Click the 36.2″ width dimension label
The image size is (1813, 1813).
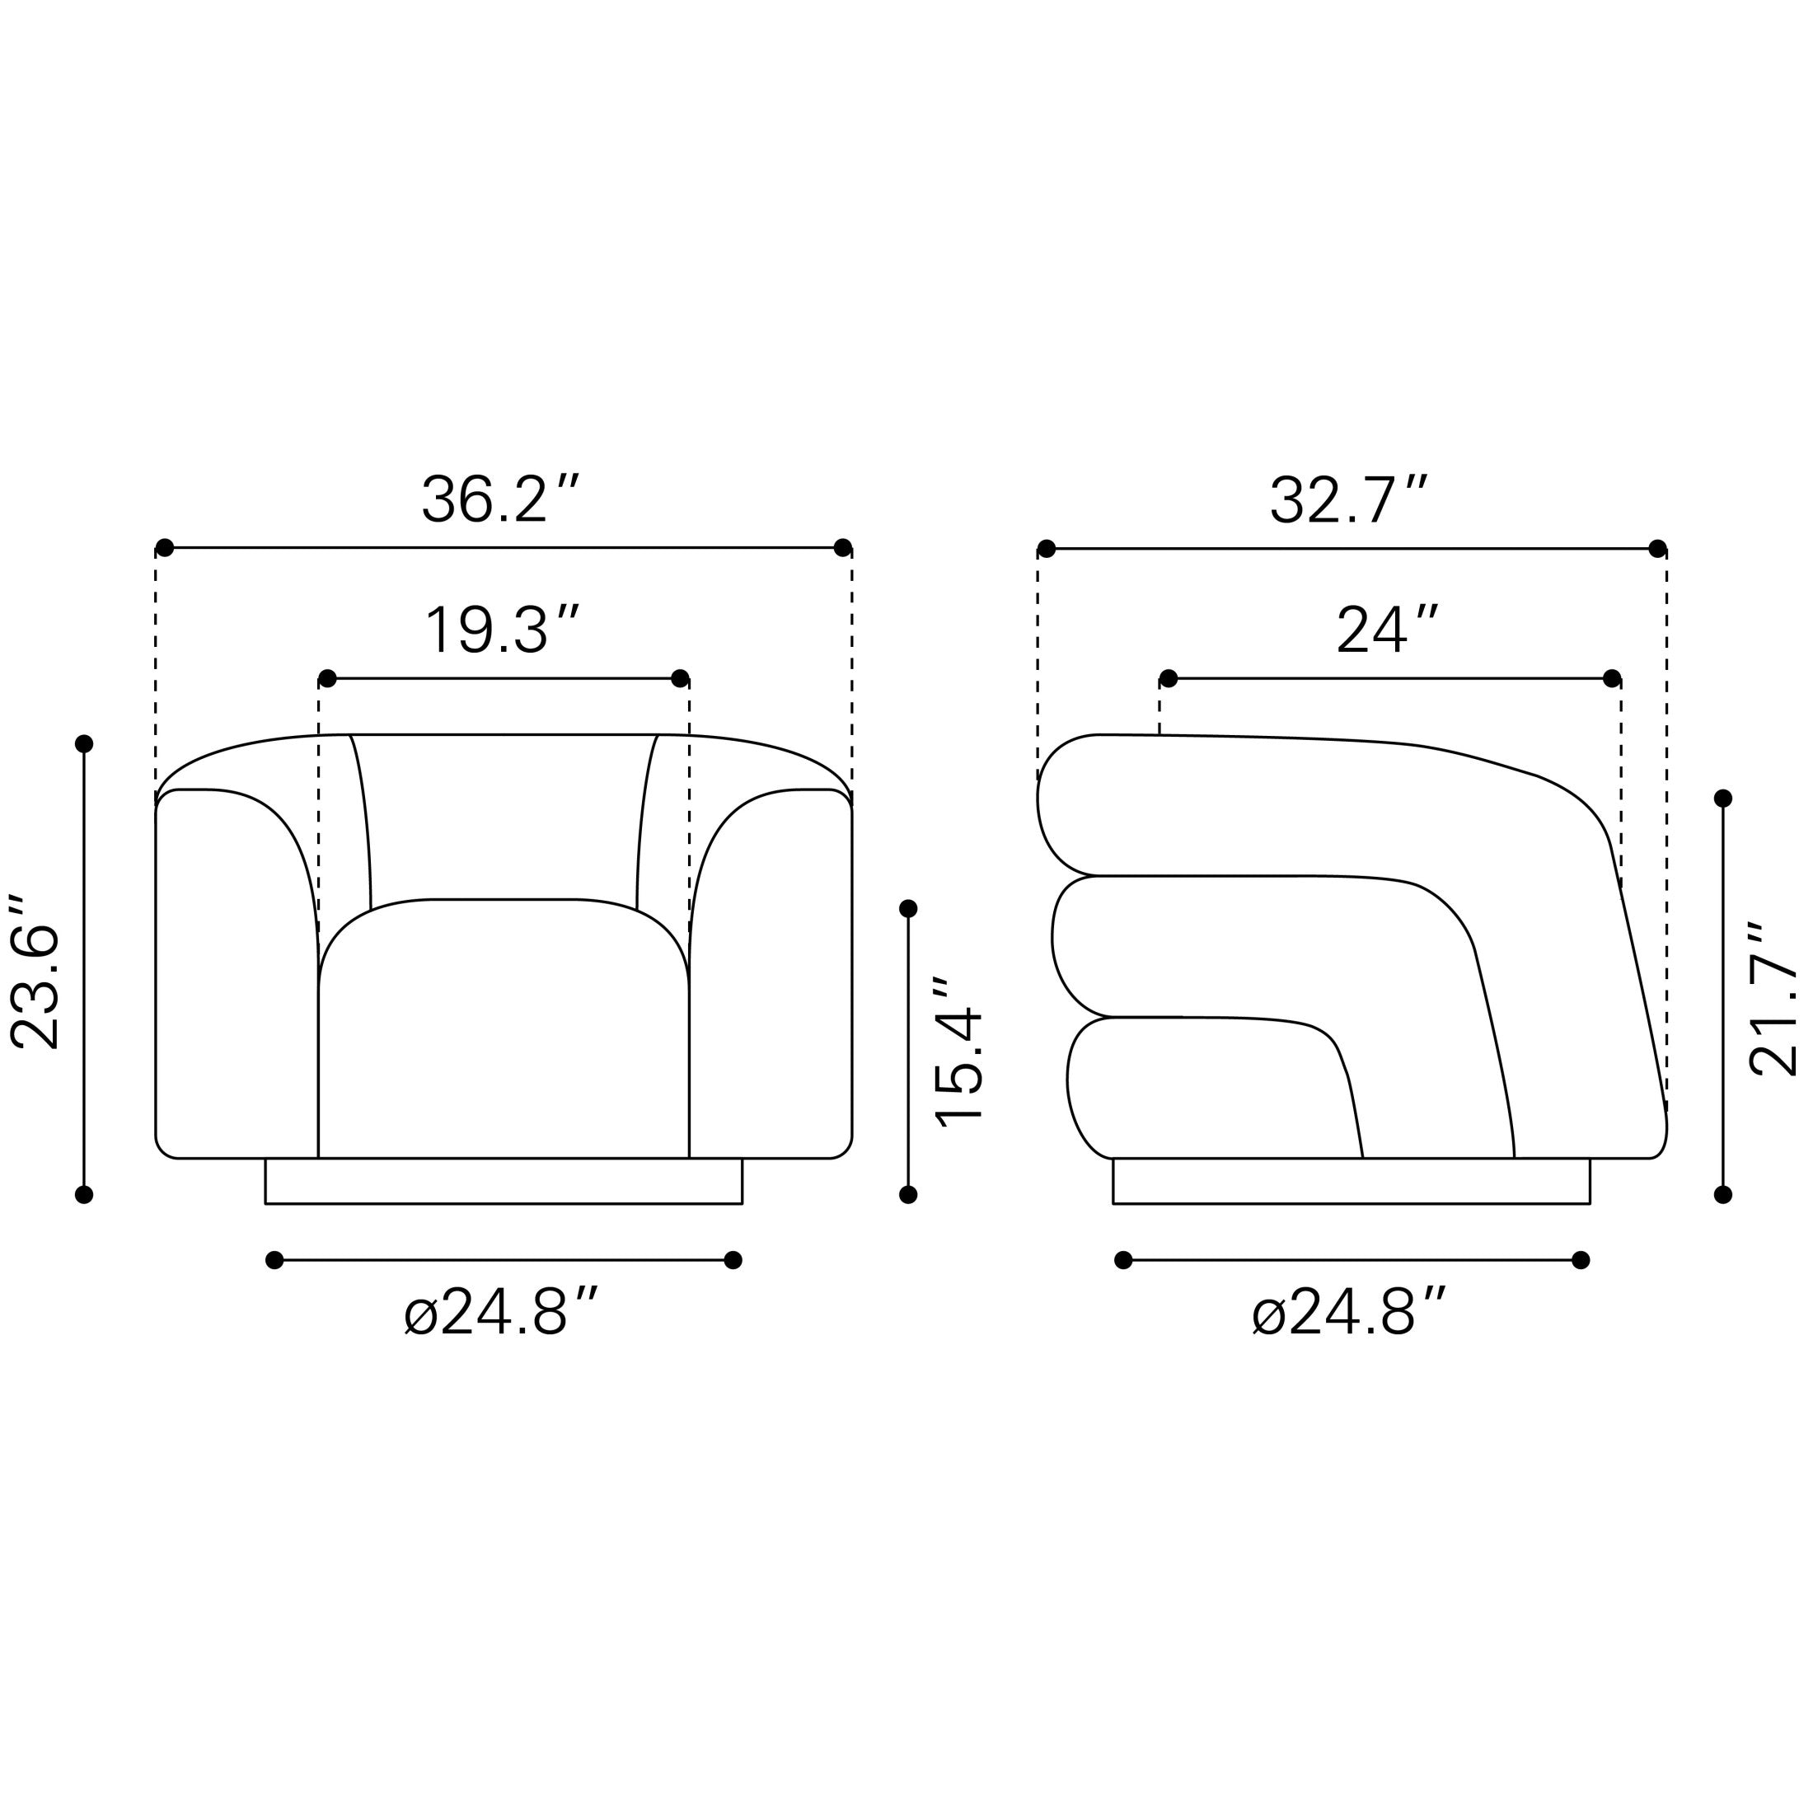pos(500,499)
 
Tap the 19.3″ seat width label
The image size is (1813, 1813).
pos(503,630)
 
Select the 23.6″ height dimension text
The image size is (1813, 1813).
pos(35,972)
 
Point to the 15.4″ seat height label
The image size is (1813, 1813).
pos(958,1051)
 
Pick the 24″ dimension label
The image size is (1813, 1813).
pos(1387,630)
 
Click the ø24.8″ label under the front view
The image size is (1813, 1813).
pos(500,1312)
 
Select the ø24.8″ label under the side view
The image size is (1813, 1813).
pos(1348,1312)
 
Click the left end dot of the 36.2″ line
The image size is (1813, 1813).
pos(164,548)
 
